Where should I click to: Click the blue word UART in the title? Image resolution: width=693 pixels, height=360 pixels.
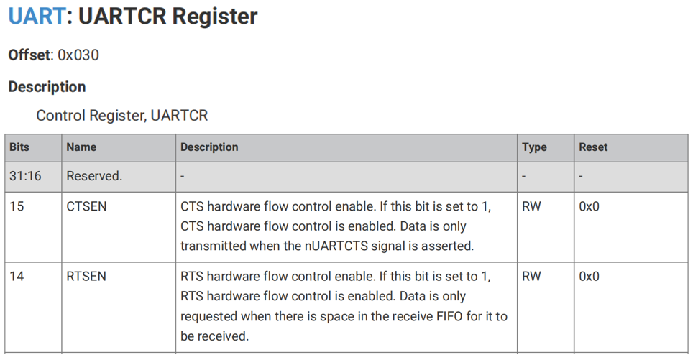pos(37,16)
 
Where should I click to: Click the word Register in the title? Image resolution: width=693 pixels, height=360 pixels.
pos(215,17)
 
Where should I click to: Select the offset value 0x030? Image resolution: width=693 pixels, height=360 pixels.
pos(78,55)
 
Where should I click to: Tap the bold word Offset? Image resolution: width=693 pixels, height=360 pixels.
pos(29,55)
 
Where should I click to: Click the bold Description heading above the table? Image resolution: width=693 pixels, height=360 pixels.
pos(47,87)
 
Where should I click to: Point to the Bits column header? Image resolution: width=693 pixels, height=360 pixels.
pos(19,147)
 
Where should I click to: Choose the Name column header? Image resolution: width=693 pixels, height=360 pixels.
pos(81,147)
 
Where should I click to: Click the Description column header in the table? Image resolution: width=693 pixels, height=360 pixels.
pos(209,147)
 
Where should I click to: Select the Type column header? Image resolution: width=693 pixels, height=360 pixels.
pos(534,147)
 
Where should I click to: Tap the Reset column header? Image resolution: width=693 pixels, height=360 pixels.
pos(593,147)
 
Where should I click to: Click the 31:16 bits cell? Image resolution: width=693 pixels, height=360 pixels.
pos(25,176)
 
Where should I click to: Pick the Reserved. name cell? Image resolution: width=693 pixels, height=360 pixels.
pos(94,176)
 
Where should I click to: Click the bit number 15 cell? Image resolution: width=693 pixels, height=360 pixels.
pos(17,206)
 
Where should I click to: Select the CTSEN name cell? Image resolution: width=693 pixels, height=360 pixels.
pos(86,206)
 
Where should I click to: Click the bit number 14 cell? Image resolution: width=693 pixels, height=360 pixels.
pos(17,277)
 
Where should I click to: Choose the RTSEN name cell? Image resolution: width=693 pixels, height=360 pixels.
pos(86,277)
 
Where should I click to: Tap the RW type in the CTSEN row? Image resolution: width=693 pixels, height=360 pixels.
pos(531,206)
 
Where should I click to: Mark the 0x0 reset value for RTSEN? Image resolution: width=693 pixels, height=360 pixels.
pos(589,277)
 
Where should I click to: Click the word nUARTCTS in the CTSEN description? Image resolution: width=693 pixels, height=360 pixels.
pos(336,246)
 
